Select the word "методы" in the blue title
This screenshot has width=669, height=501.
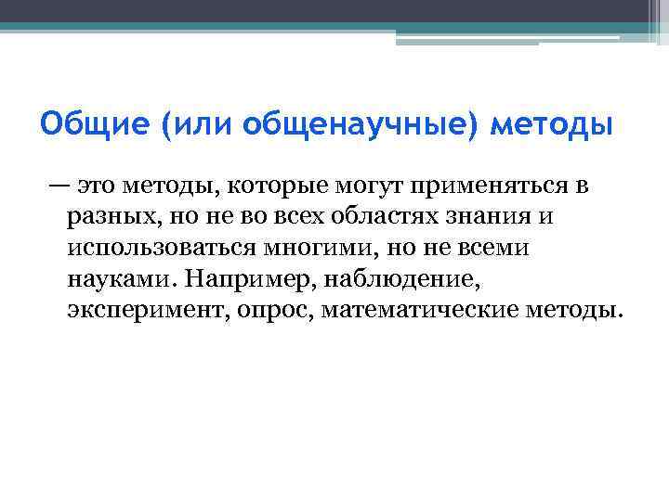coord(554,124)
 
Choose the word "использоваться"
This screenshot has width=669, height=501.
coord(163,249)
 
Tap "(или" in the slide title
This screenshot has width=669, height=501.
coord(193,124)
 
